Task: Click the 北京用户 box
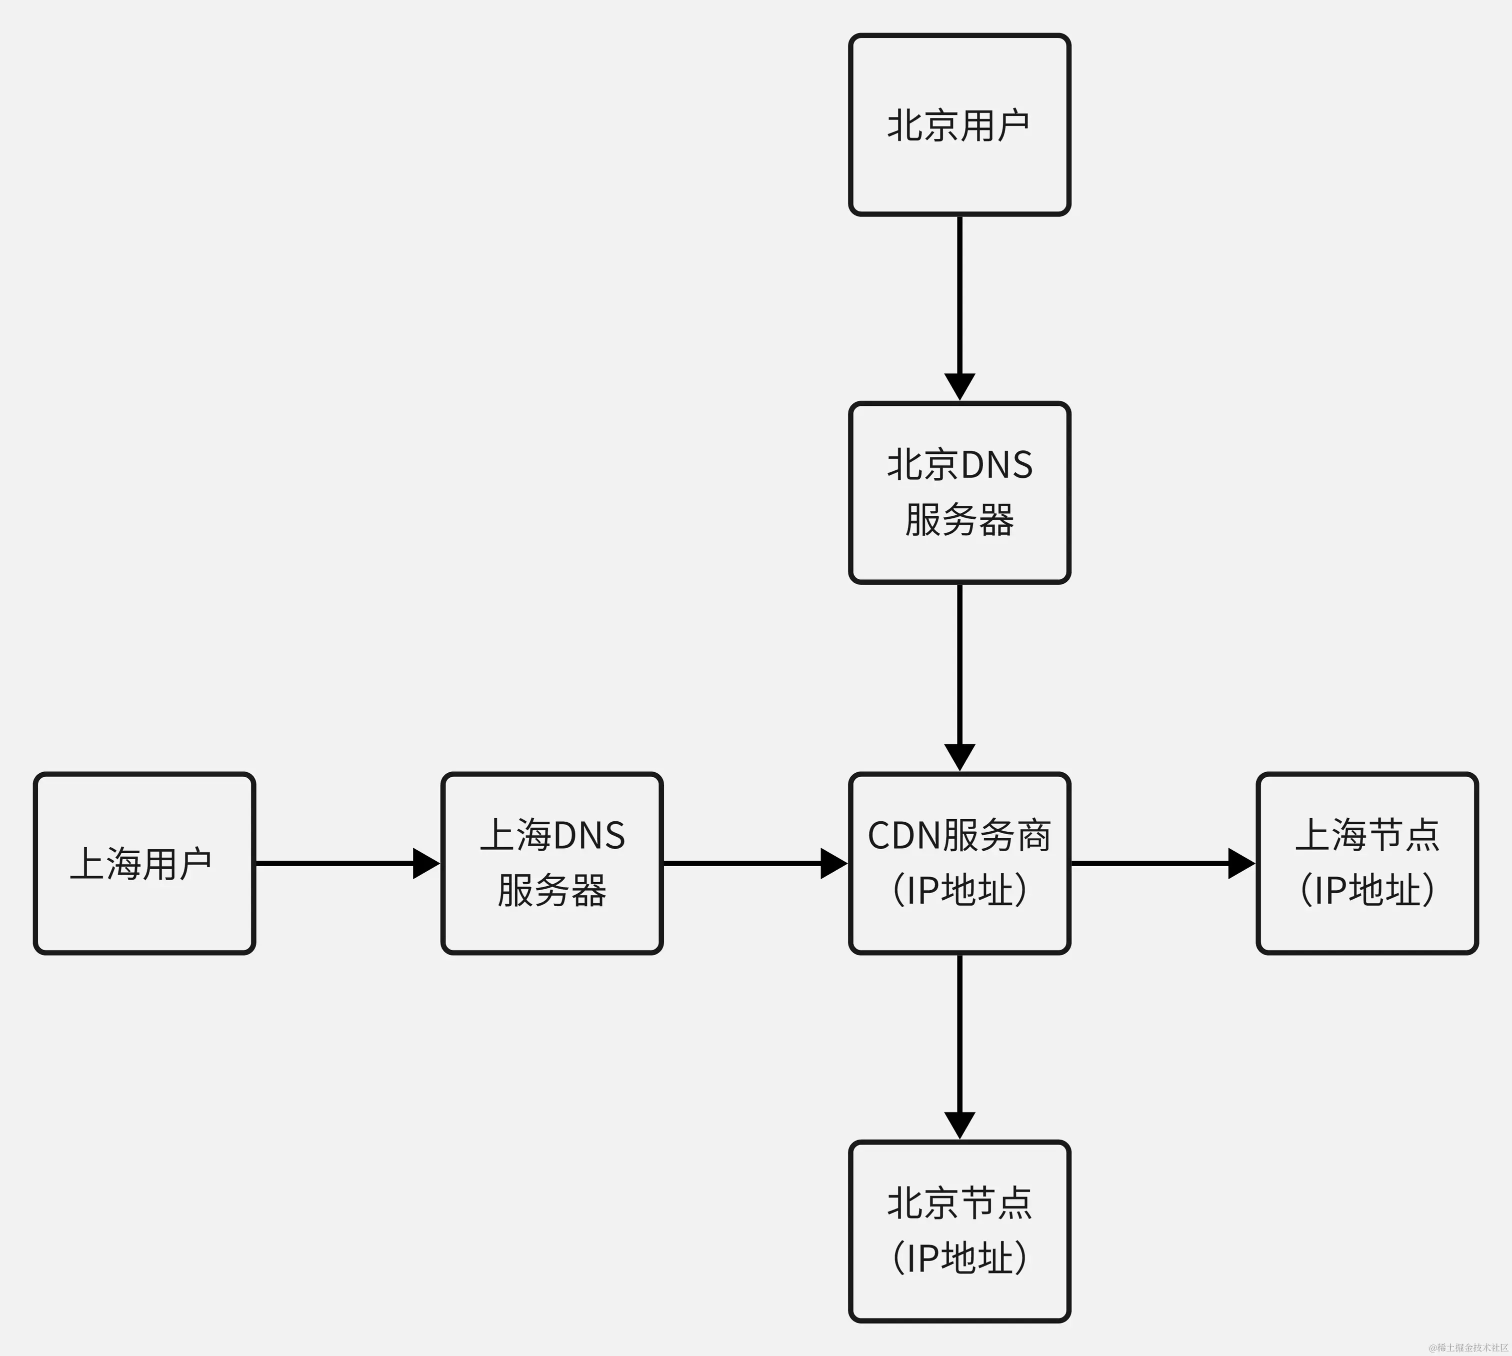[x=959, y=124]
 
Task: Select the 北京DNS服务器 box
[x=959, y=492]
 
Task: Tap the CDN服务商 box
[x=959, y=863]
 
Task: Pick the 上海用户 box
[x=144, y=863]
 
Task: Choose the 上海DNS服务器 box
[x=551, y=863]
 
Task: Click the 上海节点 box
[x=1366, y=863]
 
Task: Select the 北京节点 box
[x=959, y=1232]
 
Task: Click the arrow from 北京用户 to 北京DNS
[x=959, y=305]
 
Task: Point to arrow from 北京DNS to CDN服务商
[x=959, y=674]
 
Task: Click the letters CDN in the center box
[x=904, y=836]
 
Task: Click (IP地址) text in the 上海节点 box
[x=1366, y=890]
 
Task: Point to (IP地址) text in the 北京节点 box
[x=959, y=1259]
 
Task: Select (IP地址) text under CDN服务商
[x=959, y=890]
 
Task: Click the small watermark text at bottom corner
[x=1468, y=1347]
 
